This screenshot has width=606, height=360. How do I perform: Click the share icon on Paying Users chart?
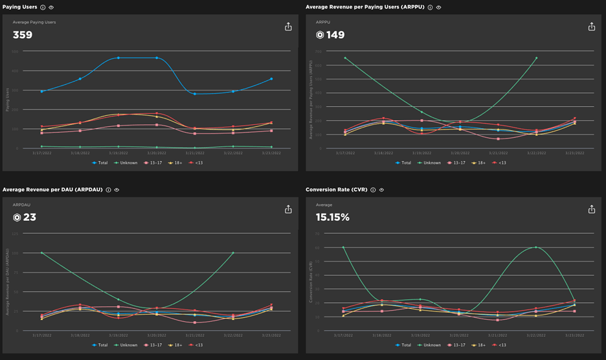[288, 27]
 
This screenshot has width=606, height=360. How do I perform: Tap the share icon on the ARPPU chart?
[591, 27]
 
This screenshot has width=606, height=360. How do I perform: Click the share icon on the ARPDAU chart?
[288, 209]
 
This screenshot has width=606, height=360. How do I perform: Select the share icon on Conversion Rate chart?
[591, 209]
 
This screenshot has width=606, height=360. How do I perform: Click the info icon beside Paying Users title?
[43, 7]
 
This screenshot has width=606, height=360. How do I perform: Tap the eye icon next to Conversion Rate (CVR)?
[381, 190]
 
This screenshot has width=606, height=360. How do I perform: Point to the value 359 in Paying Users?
[23, 35]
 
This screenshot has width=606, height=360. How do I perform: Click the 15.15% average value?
[333, 218]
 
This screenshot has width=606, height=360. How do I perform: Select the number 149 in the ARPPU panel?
[335, 35]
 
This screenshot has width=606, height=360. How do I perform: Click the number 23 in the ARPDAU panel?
[30, 218]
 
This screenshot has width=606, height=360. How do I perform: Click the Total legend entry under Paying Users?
[100, 163]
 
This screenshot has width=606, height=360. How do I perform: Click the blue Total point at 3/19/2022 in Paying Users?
[118, 58]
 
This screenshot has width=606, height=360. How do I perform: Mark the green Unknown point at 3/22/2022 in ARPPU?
[536, 58]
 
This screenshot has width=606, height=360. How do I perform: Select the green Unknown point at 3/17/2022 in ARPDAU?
[41, 253]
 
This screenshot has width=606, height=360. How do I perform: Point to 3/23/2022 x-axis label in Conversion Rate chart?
[574, 335]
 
